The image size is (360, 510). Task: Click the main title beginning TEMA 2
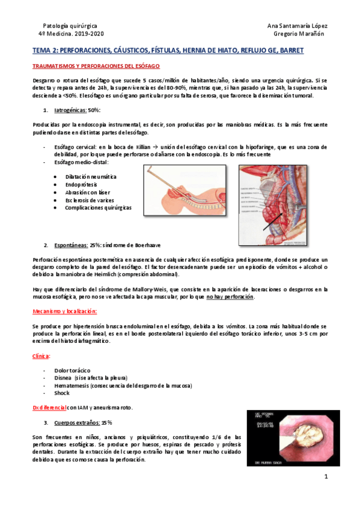pos(168,52)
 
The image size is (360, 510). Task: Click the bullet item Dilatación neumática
pos(92,177)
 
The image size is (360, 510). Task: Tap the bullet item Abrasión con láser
pos(88,192)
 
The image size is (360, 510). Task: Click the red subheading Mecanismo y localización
pos(64,311)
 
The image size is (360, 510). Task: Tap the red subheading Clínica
pos(41,355)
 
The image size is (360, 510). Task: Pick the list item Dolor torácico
pos(72,370)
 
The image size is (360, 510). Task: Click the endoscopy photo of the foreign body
pos(285,438)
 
